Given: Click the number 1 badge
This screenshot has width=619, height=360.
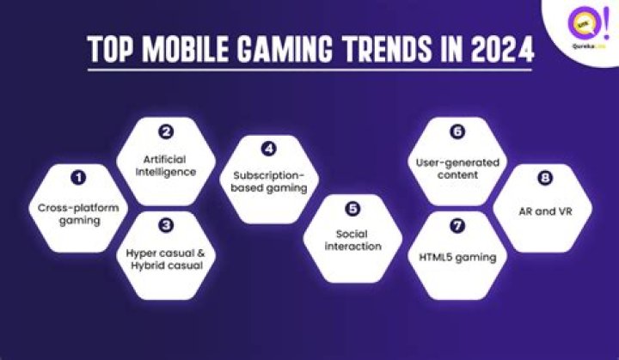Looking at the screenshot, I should [79, 178].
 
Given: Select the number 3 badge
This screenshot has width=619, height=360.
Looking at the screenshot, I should [168, 225].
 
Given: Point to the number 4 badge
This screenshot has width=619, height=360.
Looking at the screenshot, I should [268, 149].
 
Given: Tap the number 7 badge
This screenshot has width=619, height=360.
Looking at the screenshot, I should [457, 226].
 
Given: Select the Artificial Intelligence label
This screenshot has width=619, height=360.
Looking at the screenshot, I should [169, 165].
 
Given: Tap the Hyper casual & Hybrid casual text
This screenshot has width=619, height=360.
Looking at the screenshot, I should [169, 259].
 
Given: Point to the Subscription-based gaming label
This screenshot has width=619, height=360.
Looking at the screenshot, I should [270, 183].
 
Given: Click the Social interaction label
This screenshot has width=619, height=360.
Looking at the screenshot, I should [352, 240].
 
